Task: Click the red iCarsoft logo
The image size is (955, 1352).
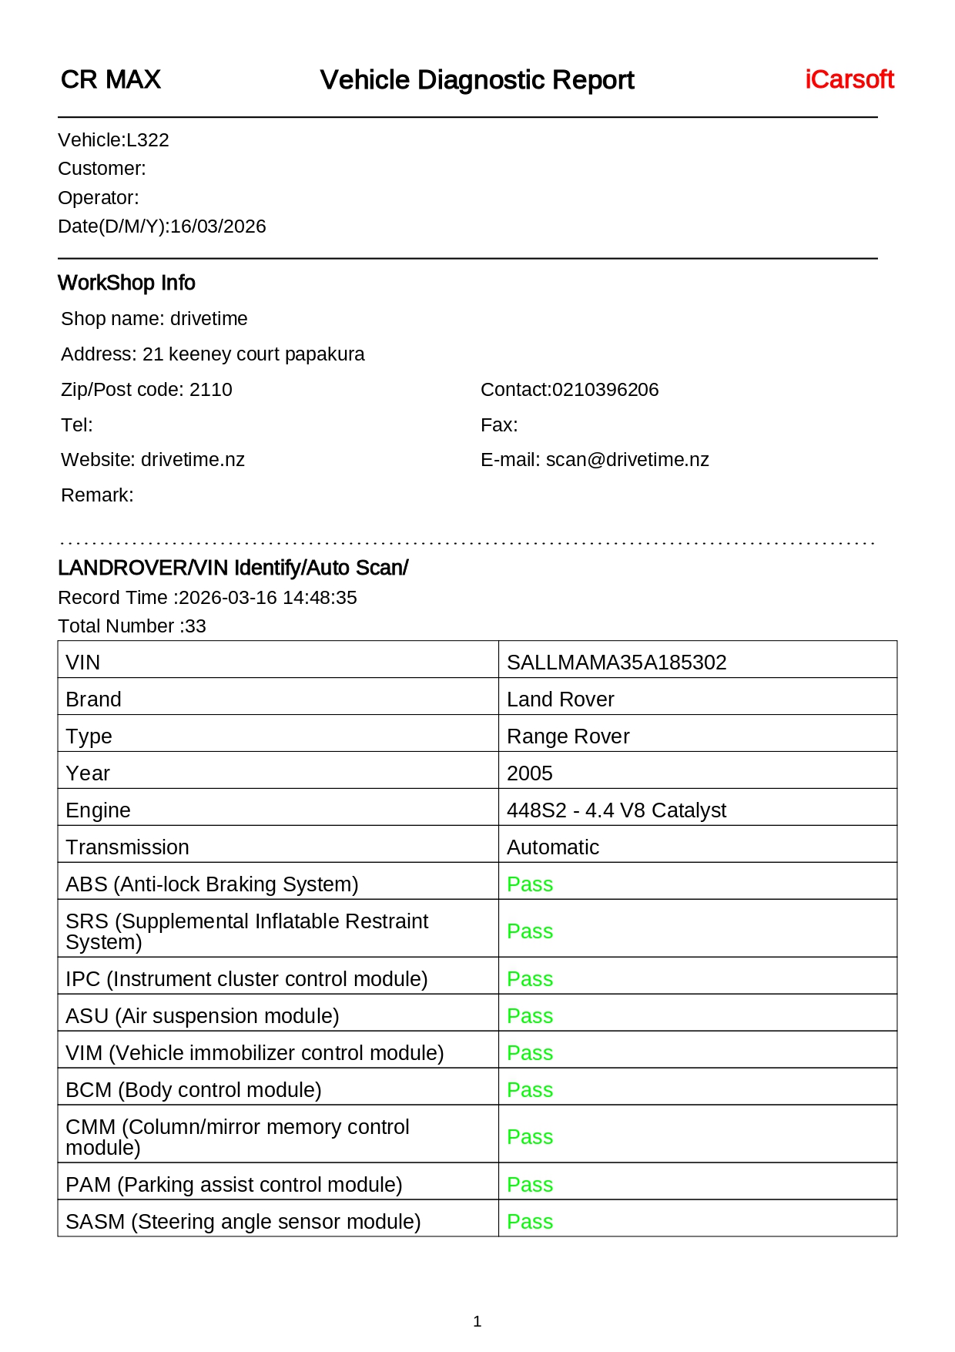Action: pyautogui.click(x=849, y=79)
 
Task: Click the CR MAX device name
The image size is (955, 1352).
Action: pyautogui.click(x=111, y=79)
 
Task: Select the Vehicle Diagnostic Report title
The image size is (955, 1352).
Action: pyautogui.click(x=477, y=80)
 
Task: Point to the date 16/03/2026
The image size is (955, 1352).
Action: pyautogui.click(x=218, y=226)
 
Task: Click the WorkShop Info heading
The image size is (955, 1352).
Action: pyautogui.click(x=126, y=283)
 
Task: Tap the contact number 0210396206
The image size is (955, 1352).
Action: pyautogui.click(x=605, y=390)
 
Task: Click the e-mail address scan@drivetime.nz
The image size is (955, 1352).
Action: pyautogui.click(x=627, y=460)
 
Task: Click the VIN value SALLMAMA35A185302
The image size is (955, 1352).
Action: pyautogui.click(x=616, y=663)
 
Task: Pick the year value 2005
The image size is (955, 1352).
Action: pyautogui.click(x=530, y=773)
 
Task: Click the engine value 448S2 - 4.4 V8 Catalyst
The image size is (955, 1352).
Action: pyautogui.click(x=616, y=810)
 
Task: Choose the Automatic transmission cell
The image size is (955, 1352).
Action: pyautogui.click(x=553, y=847)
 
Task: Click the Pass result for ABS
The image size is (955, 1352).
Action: pyautogui.click(x=530, y=884)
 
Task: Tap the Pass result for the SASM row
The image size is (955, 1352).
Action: pyautogui.click(x=530, y=1222)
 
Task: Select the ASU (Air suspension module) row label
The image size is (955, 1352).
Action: pyautogui.click(x=203, y=1016)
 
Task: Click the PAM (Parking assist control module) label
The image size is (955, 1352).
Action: pyautogui.click(x=234, y=1185)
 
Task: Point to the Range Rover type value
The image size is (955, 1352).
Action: pyautogui.click(x=568, y=736)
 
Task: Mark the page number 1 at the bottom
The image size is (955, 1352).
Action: pyautogui.click(x=477, y=1322)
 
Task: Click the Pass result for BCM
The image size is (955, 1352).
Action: pyautogui.click(x=530, y=1090)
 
